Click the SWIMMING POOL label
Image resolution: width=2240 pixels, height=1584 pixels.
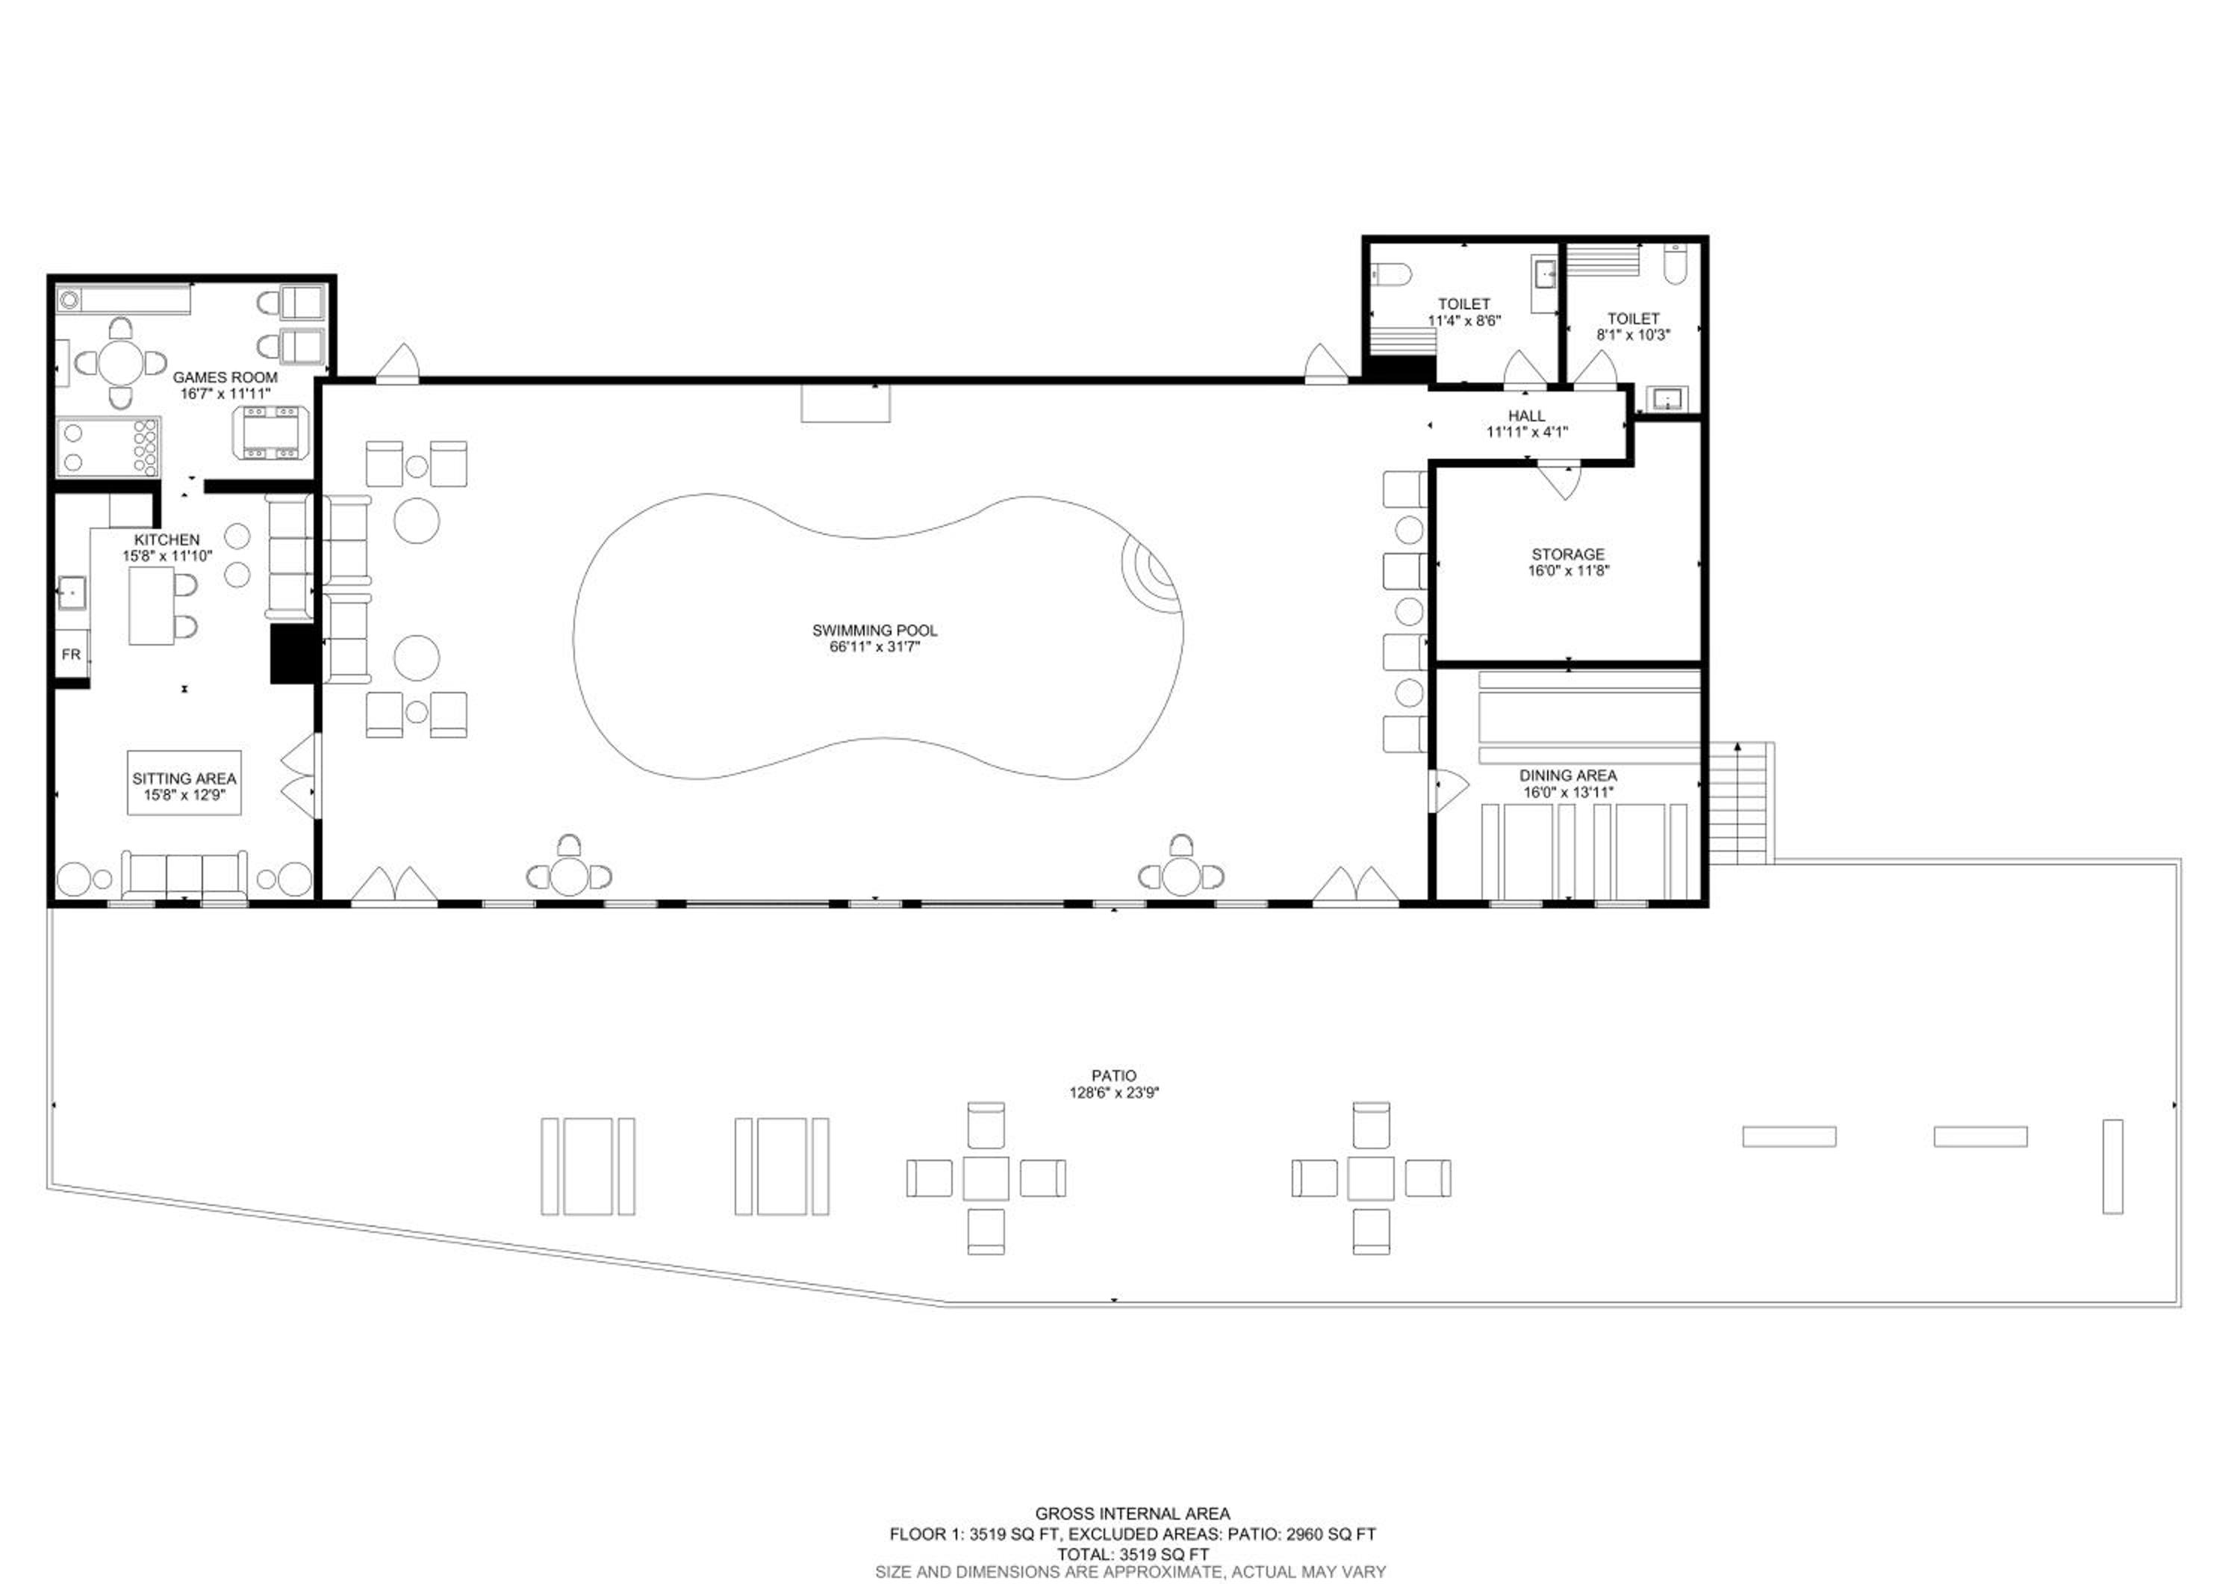(874, 631)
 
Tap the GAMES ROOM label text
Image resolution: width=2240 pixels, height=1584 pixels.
(225, 377)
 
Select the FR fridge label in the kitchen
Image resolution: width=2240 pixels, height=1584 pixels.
(71, 654)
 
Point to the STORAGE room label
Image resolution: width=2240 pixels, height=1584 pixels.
(1568, 554)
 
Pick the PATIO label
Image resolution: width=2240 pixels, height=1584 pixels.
(1113, 1075)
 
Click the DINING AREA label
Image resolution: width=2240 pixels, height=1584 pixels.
(1568, 775)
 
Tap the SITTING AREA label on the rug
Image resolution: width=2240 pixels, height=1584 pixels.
(184, 778)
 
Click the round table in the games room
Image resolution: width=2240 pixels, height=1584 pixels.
(121, 363)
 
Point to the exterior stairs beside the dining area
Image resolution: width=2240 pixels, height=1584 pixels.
(1737, 802)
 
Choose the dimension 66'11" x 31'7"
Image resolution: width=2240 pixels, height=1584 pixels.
(874, 646)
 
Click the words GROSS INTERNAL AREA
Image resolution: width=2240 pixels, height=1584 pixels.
(1132, 1514)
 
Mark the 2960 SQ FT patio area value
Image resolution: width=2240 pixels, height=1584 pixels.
(1331, 1534)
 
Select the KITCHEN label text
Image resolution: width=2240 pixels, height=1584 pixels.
(167, 539)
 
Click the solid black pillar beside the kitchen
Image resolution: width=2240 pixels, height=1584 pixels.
(293, 654)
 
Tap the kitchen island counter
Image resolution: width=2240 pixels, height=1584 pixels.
(152, 605)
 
